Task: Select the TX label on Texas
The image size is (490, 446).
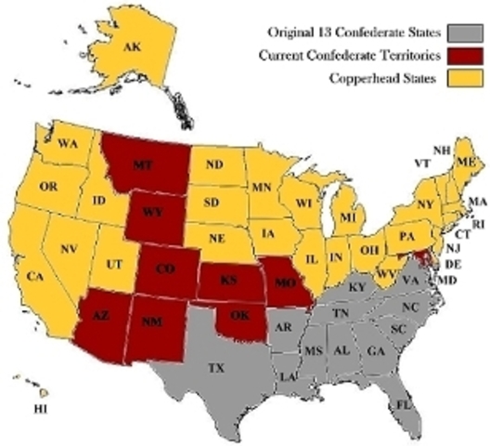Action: (216, 369)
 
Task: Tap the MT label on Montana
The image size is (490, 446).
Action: (142, 164)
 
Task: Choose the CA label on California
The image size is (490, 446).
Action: (35, 278)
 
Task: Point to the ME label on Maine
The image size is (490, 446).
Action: (470, 164)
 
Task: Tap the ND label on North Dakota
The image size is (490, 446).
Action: (214, 170)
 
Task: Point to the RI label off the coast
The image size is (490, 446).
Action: (479, 224)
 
